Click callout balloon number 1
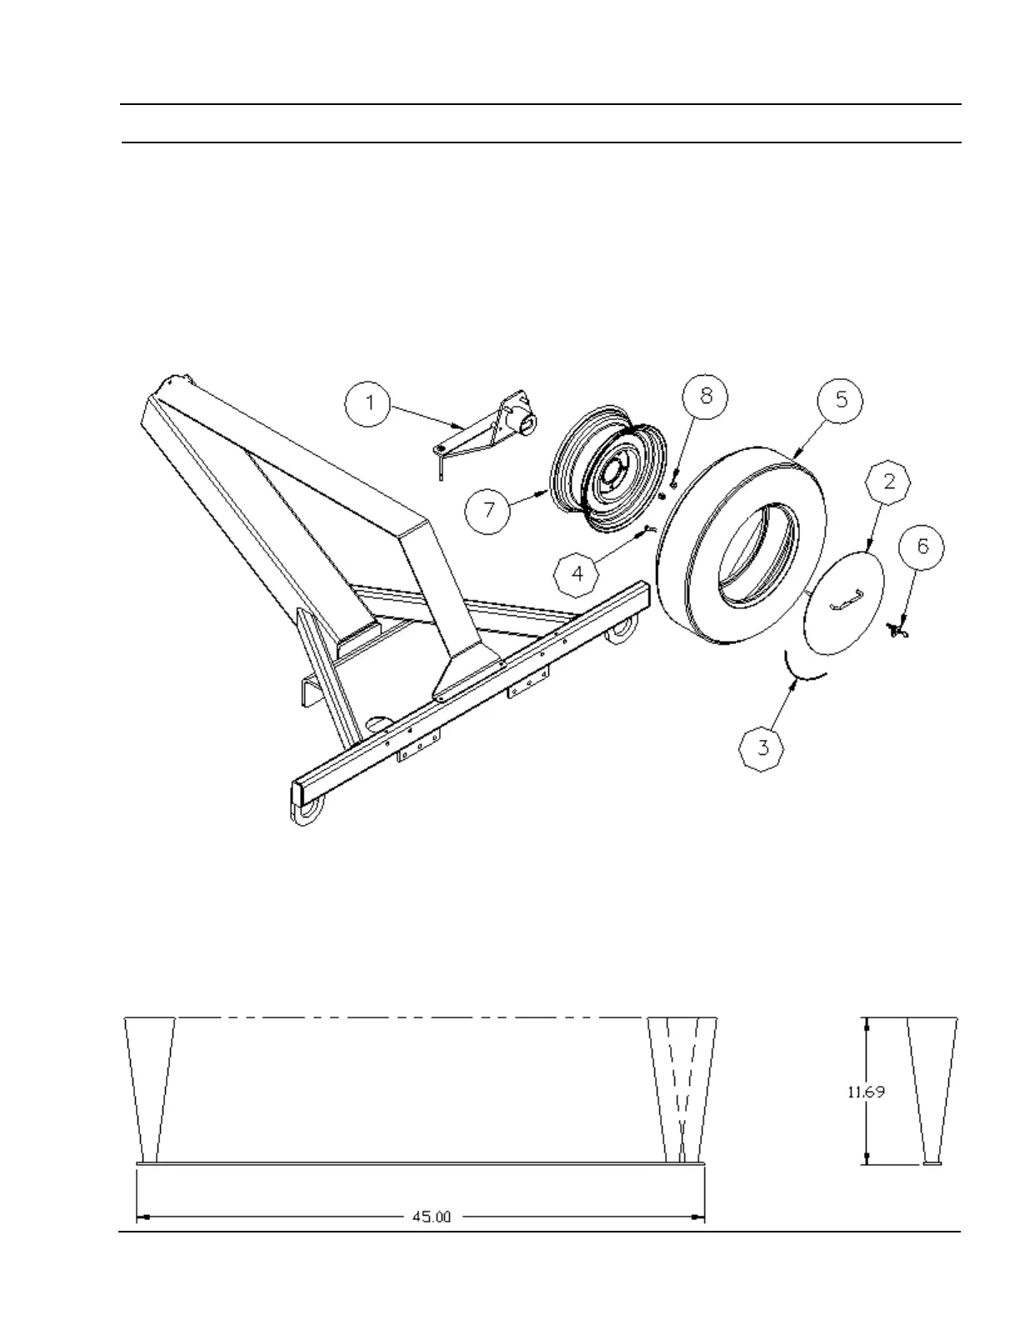pyautogui.click(x=370, y=404)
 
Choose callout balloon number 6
pyautogui.click(x=922, y=547)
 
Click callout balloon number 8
pyautogui.click(x=706, y=396)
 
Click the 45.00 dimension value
pyautogui.click(x=432, y=1217)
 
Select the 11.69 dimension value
pyautogui.click(x=866, y=1092)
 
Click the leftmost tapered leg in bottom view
pyautogui.click(x=150, y=1083)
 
